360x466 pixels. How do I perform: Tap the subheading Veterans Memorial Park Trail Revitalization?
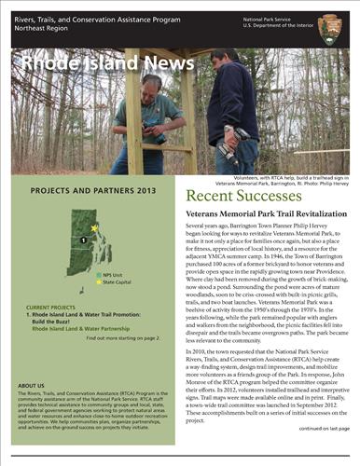tap(262, 214)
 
